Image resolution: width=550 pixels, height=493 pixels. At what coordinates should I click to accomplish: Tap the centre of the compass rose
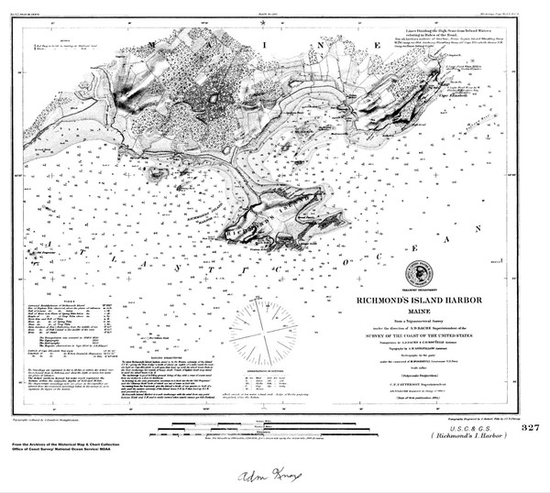click(x=265, y=327)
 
